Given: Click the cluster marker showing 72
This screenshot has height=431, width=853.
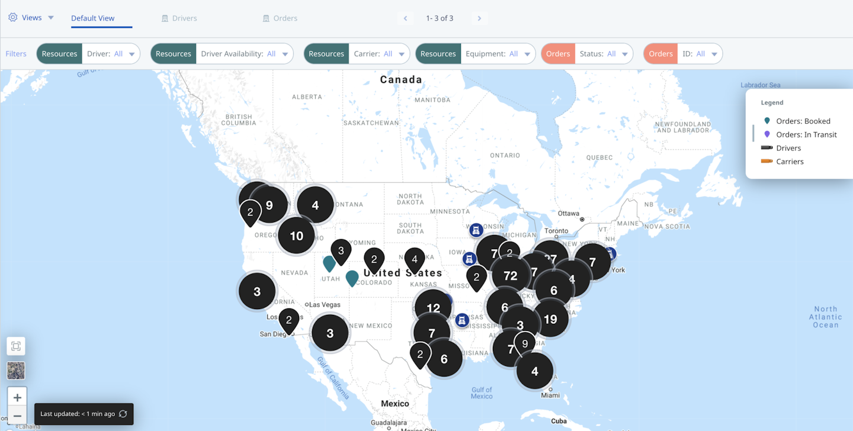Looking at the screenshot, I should (510, 276).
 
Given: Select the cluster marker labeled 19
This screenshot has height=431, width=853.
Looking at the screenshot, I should (550, 320).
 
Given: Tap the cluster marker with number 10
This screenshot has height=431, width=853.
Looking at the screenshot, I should (297, 236).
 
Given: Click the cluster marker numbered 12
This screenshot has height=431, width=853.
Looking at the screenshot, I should (433, 308).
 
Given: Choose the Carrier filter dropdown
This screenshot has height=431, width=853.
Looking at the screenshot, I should (379, 54).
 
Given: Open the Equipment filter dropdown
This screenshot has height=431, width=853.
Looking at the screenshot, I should (498, 54).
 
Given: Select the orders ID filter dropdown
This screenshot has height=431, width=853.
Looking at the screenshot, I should (700, 54).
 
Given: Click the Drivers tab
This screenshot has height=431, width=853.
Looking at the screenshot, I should (179, 18).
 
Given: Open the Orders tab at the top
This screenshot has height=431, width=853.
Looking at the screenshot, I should (280, 18).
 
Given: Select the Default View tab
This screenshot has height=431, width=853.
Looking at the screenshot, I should (93, 18).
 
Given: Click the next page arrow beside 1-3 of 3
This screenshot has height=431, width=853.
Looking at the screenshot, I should (479, 18).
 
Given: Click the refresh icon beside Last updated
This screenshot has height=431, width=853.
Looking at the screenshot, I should (123, 414).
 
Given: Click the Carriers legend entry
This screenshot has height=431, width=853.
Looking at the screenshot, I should (790, 162).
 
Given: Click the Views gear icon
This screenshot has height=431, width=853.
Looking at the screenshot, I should (13, 18).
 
